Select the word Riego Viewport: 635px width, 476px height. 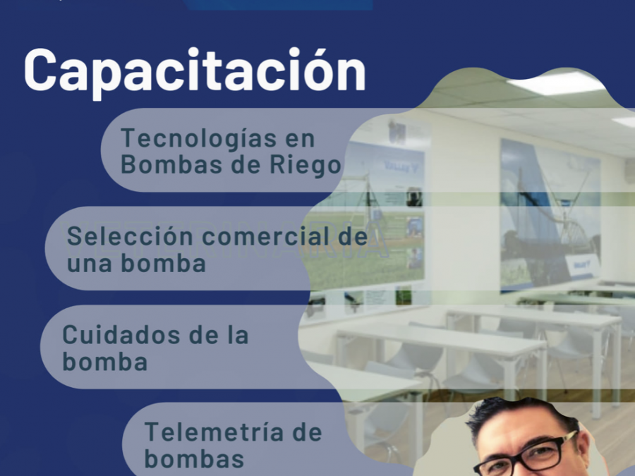coord(306,166)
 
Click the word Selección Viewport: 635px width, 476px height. coord(130,236)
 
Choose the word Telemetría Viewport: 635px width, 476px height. coord(214,432)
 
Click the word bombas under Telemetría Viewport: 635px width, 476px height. coord(194,458)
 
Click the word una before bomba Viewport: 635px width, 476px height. coord(89,264)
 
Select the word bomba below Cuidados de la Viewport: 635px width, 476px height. coord(104,362)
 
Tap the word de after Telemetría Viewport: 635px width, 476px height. coord(307,432)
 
